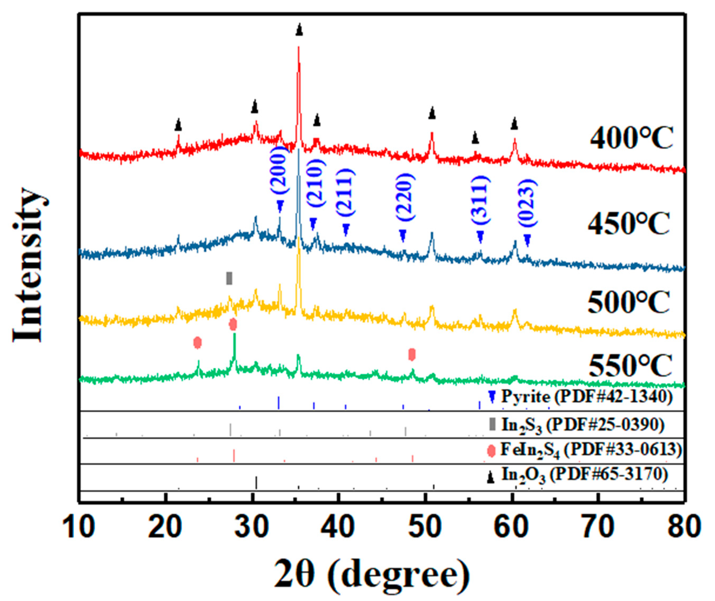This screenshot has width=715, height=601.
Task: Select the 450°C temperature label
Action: pos(629,223)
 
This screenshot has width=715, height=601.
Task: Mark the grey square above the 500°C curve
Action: pos(229,278)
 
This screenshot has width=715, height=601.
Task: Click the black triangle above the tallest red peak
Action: pos(299,30)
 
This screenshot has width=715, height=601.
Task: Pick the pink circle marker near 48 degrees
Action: pos(412,354)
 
